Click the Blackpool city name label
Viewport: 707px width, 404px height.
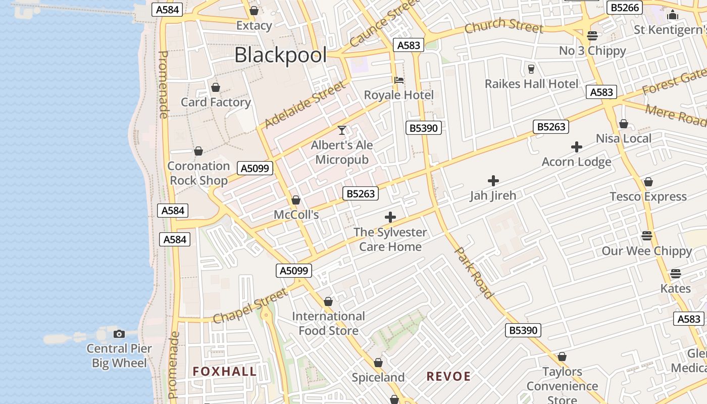click(x=280, y=55)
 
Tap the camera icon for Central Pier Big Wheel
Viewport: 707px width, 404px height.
click(x=119, y=334)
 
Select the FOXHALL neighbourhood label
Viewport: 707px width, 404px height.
click(x=225, y=372)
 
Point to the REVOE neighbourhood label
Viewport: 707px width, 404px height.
click(x=448, y=376)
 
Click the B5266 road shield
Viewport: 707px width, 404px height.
click(x=626, y=8)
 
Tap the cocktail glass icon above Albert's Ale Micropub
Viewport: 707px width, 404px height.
click(x=342, y=130)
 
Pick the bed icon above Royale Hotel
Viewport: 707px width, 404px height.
click(x=399, y=80)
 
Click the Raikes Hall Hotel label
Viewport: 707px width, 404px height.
click(x=531, y=84)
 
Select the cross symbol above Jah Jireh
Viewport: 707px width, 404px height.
click(x=493, y=180)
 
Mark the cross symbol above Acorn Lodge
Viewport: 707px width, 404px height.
click(x=577, y=147)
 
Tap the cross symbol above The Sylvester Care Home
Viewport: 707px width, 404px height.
click(x=390, y=217)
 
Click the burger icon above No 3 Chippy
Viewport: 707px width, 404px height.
click(x=592, y=36)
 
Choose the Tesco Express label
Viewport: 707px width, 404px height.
click(x=648, y=196)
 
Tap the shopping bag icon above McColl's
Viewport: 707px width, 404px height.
click(x=296, y=200)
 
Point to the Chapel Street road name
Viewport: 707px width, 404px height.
click(x=250, y=306)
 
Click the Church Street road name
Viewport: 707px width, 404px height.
click(x=503, y=26)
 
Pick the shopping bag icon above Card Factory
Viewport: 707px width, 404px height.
click(x=216, y=87)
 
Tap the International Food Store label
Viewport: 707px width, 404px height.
click(x=328, y=323)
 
